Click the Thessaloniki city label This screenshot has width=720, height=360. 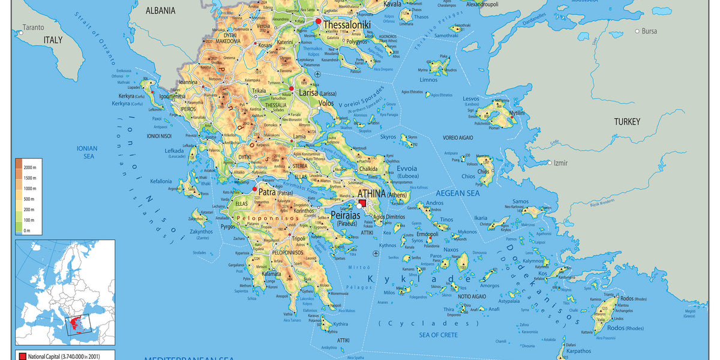click(347, 25)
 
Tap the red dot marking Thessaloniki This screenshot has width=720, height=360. click(318, 22)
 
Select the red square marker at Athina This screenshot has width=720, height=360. click(363, 204)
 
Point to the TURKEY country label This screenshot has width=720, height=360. click(627, 122)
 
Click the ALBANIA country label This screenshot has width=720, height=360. click(160, 10)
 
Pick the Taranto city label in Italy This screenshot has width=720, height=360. click(34, 27)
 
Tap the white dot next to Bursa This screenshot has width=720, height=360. click(637, 31)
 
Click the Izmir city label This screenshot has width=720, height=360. click(562, 163)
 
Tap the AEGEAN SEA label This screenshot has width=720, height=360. click(457, 193)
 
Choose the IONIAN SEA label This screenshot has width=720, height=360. click(85, 152)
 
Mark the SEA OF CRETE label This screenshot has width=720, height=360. click(438, 335)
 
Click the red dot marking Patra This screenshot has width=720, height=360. click(254, 189)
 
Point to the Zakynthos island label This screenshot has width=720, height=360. click(202, 232)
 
